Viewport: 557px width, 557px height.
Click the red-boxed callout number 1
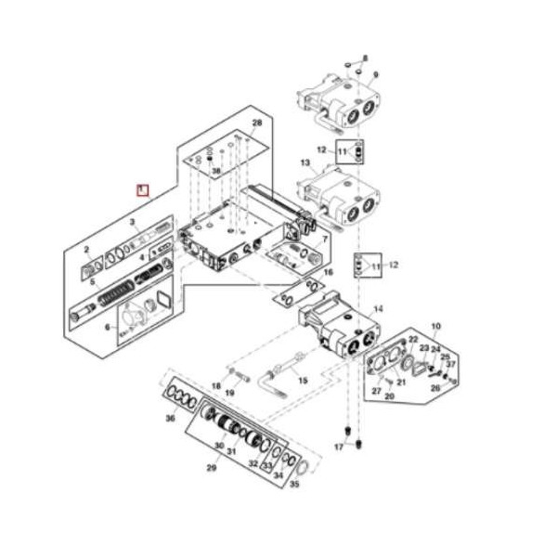tap(142, 190)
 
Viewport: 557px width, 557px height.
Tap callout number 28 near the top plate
tap(257, 123)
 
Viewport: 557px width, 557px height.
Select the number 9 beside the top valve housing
tap(376, 74)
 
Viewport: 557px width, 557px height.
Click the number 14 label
tap(378, 308)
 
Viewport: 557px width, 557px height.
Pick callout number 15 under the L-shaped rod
tap(302, 380)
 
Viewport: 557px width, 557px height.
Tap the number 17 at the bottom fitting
tap(339, 447)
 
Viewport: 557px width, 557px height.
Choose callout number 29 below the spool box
tap(211, 469)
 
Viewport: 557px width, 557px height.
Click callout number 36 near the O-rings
tap(170, 420)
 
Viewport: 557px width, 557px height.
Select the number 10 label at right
tap(435, 326)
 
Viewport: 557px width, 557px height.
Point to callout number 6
tap(107, 327)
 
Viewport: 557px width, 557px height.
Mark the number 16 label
tap(328, 272)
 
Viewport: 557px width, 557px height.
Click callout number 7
tap(325, 240)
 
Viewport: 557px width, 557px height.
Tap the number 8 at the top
tap(365, 58)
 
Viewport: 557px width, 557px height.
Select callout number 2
tap(86, 250)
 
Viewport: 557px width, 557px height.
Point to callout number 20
tap(390, 396)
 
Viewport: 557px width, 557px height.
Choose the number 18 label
tap(215, 385)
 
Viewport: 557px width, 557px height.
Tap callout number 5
tap(91, 280)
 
